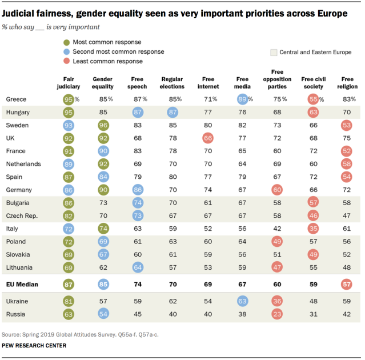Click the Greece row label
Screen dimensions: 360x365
(16, 99)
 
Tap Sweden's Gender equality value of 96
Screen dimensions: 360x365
(103, 125)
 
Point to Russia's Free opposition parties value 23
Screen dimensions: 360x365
(278, 314)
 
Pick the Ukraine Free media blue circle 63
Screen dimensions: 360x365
(243, 301)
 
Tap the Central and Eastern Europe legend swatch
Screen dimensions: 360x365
(274, 52)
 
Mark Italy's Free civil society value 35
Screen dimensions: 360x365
(313, 229)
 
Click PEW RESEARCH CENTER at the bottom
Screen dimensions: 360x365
(34, 346)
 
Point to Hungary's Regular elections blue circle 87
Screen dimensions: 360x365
(172, 112)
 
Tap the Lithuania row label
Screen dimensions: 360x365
(20, 267)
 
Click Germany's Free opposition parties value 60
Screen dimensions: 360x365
(278, 189)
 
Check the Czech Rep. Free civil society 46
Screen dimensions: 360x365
(313, 215)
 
